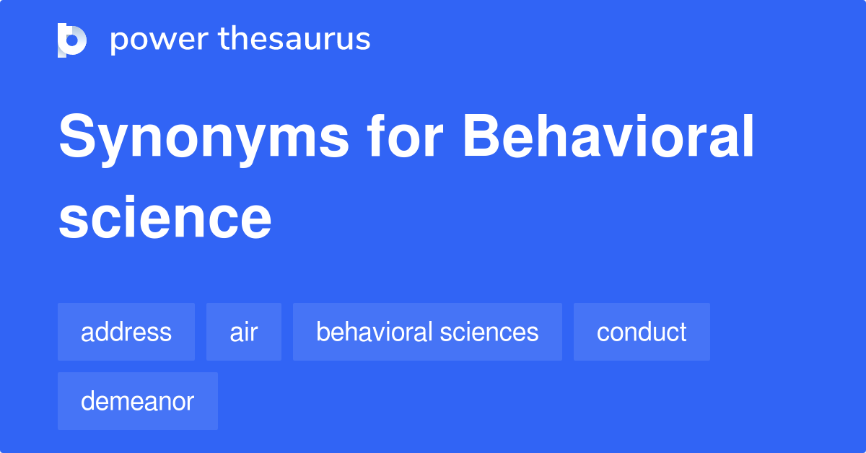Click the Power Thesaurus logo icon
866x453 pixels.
click(x=72, y=40)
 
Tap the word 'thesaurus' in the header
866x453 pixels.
click(x=294, y=40)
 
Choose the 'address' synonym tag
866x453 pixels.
click(x=126, y=332)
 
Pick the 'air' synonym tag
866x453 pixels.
click(x=244, y=332)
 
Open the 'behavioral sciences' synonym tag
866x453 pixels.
click(x=427, y=332)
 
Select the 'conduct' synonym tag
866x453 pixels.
click(x=642, y=332)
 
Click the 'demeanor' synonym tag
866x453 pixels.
click(x=138, y=401)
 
